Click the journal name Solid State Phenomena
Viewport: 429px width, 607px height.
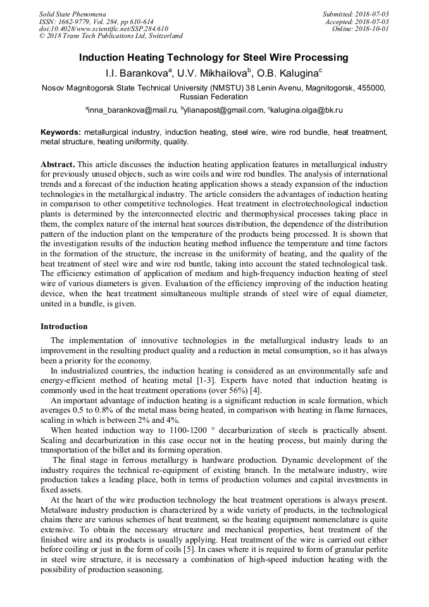pos(72,14)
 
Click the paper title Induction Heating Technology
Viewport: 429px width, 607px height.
pos(214,58)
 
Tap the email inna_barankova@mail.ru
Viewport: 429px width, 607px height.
pos(132,110)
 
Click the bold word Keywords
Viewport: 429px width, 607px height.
pos(61,132)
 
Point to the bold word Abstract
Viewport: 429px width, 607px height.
pos(58,163)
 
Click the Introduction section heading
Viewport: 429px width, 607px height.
pos(64,327)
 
